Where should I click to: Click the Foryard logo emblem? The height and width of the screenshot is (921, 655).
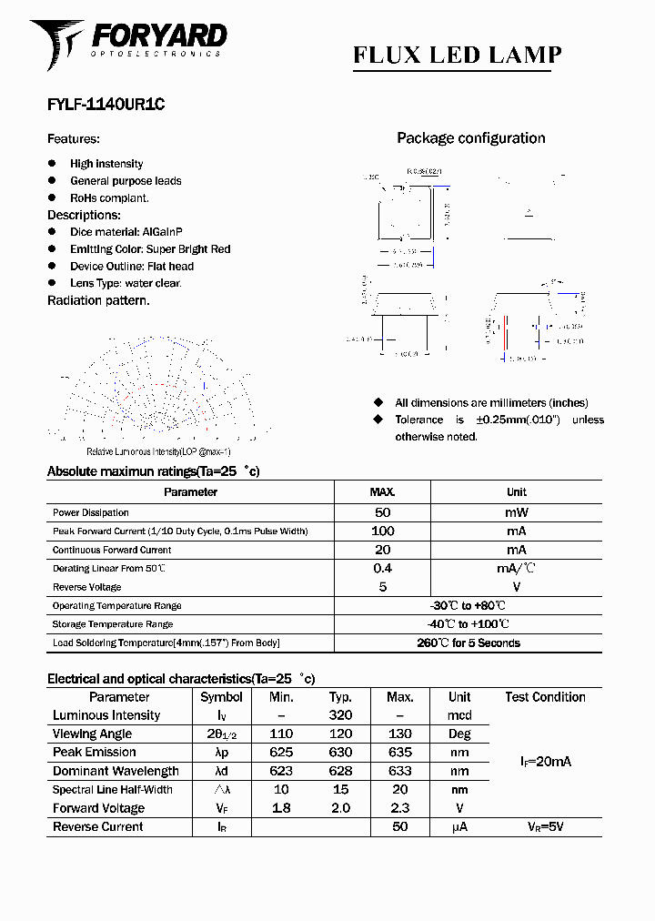tap(56, 43)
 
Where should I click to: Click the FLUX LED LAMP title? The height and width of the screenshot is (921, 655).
tap(457, 56)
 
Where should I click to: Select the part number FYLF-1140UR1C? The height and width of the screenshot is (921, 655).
tap(106, 105)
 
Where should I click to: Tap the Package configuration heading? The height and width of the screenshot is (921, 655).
tap(470, 138)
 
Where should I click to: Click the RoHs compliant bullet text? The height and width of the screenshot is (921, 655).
tap(109, 197)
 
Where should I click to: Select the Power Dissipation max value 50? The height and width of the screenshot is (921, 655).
tap(382, 512)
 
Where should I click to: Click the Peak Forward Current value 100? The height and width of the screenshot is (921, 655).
tap(382, 531)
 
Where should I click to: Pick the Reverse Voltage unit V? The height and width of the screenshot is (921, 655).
tap(516, 587)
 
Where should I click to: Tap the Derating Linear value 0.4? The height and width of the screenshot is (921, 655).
tap(382, 568)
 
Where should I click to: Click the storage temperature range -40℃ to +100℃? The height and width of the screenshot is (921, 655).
tap(468, 624)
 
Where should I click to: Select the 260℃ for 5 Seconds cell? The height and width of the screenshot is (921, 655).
tap(468, 643)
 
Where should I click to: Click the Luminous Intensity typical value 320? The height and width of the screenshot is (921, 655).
tap(340, 715)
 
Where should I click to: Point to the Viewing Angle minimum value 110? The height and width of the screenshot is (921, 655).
tap(281, 734)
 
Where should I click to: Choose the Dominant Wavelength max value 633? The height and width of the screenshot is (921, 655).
tap(400, 771)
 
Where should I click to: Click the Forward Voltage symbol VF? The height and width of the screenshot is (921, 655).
tap(221, 808)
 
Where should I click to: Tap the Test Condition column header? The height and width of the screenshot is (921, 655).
tap(545, 697)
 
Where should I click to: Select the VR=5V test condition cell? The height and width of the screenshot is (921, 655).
tap(545, 827)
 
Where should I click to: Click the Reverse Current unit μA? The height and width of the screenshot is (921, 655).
tap(459, 827)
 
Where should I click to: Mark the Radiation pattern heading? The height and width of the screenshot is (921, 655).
tap(98, 300)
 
